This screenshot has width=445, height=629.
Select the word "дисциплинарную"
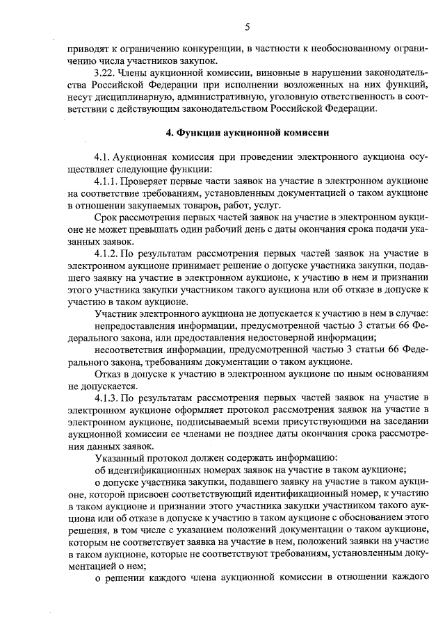click(131, 97)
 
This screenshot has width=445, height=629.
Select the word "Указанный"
click(119, 457)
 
